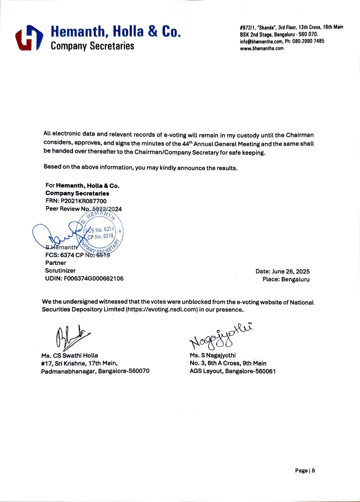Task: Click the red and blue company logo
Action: (29, 37)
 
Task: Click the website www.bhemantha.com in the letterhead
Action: (262, 48)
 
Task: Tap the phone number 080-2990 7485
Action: (308, 41)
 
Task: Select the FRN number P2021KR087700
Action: (84, 201)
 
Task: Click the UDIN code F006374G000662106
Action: (94, 278)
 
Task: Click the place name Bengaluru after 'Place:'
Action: (295, 279)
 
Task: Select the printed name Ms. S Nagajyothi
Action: (213, 355)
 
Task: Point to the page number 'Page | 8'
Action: (305, 471)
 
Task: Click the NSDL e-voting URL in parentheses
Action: (162, 310)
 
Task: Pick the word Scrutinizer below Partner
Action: (60, 270)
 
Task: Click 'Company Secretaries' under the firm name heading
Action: (92, 46)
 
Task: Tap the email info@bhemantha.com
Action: (261, 41)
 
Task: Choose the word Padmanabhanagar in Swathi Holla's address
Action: (68, 371)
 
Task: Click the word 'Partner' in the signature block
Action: (55, 263)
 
